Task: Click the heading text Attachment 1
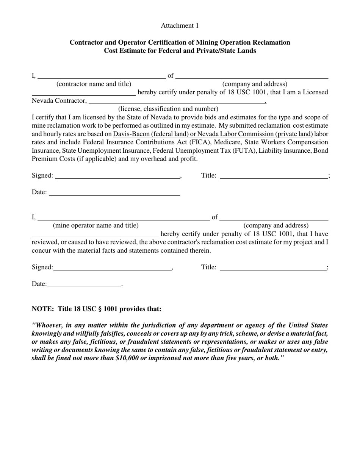tap(180, 26)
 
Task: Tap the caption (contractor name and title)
tap(94, 84)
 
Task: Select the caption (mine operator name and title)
tap(95, 225)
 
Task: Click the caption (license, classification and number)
tap(168, 109)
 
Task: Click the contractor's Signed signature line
tap(117, 177)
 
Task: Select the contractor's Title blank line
tap(274, 177)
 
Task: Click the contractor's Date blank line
tap(114, 194)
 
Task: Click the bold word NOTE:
tap(42, 309)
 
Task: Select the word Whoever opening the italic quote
tap(49, 325)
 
